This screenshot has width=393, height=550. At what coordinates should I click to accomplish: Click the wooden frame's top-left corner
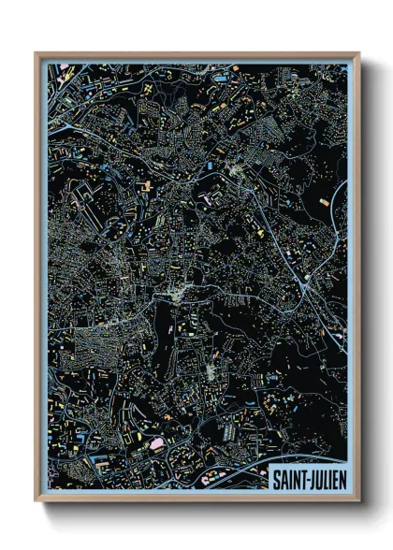pos(36,54)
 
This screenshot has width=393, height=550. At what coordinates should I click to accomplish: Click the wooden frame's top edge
pos(196,55)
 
